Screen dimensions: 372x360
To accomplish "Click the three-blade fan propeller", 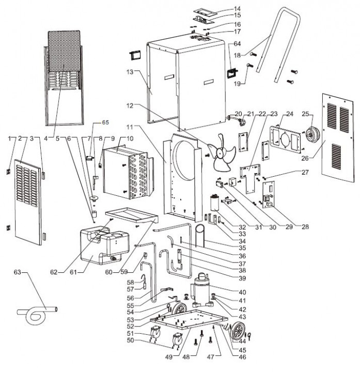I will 223,150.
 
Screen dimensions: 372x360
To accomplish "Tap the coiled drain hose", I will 37,312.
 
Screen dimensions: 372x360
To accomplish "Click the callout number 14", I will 237,9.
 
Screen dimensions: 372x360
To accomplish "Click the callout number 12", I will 130,105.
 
